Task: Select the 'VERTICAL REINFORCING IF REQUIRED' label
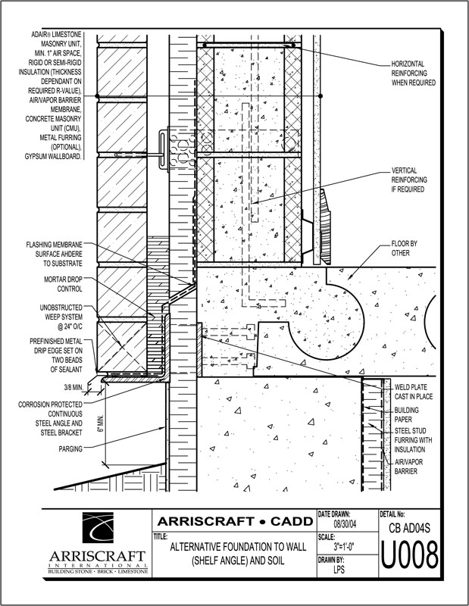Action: (413, 180)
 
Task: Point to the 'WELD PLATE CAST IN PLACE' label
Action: (412, 391)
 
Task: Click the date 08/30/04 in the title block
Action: (348, 523)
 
